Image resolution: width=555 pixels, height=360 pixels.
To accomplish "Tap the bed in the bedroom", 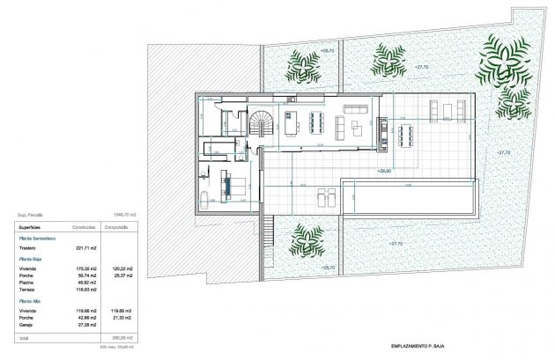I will coord(235,186).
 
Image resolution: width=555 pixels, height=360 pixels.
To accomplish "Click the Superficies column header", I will coord(33,225).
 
